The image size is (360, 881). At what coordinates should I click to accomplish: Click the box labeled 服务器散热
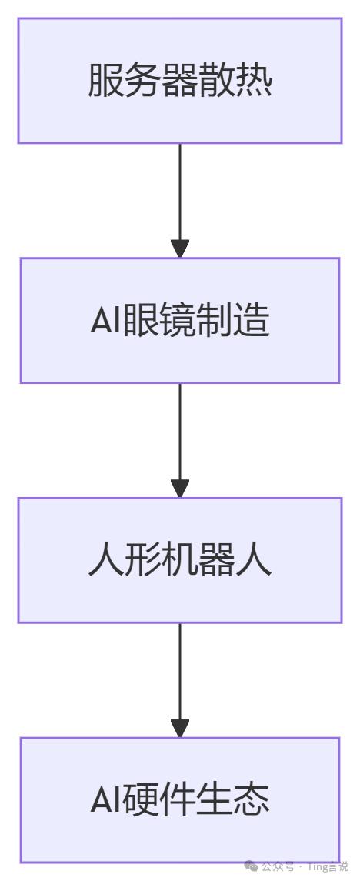tap(180, 80)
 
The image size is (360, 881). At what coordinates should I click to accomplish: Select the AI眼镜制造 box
tap(180, 320)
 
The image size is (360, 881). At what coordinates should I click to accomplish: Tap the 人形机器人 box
tap(180, 560)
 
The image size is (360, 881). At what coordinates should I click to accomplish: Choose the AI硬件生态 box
tap(180, 800)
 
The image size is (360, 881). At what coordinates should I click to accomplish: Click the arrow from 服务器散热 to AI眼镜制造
tap(180, 201)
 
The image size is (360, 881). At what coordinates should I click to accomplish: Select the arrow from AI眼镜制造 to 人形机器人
tap(180, 440)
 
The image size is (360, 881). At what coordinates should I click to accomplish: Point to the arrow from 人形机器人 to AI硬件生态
tap(180, 680)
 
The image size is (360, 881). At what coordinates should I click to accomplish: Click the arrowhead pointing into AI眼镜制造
tap(180, 249)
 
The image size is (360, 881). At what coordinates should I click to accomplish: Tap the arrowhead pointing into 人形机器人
tap(180, 489)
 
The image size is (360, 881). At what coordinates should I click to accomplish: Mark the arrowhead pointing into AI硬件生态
tap(180, 729)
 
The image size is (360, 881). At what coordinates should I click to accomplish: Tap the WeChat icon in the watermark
tap(253, 866)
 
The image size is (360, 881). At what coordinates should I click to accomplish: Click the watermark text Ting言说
tap(331, 867)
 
